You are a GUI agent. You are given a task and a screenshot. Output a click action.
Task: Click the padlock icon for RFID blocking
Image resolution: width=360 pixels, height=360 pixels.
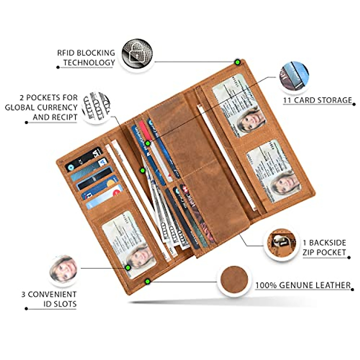click(x=137, y=54)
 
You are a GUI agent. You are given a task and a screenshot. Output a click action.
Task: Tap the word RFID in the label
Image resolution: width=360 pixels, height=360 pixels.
click(x=65, y=53)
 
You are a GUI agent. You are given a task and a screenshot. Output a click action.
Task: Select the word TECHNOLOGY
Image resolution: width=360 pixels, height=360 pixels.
click(x=89, y=63)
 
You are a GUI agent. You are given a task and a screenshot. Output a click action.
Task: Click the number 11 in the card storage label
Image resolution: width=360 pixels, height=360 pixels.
click(x=287, y=100)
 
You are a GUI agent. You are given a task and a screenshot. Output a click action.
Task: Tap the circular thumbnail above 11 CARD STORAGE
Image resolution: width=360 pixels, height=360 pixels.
click(x=294, y=76)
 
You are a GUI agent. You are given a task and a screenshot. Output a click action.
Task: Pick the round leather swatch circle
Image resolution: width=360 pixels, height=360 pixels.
click(x=234, y=280)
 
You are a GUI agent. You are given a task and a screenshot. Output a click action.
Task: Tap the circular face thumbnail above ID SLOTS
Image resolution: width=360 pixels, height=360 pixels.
click(x=63, y=269)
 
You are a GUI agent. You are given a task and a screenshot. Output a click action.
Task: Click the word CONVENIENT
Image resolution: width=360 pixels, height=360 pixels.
click(x=52, y=294)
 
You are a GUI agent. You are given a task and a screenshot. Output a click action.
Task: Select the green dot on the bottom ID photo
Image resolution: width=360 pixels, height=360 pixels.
click(x=128, y=268)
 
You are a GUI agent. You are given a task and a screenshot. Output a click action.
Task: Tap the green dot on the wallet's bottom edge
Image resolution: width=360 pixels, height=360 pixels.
click(x=147, y=281)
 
